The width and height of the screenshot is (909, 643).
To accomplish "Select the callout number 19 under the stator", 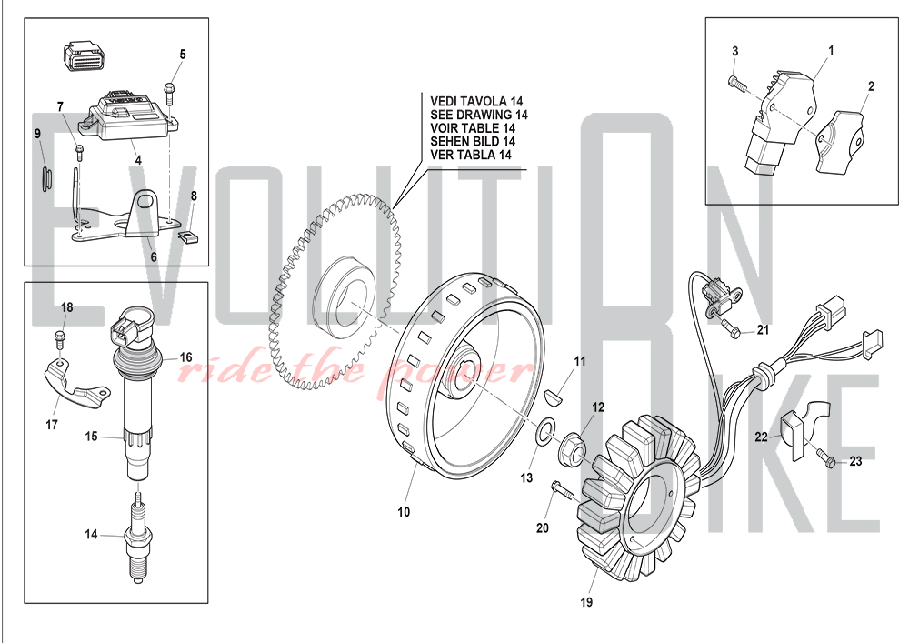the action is coord(586,602).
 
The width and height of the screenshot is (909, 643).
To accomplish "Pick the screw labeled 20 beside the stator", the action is coord(562,490).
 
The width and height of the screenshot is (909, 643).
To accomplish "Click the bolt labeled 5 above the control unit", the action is coord(169,94).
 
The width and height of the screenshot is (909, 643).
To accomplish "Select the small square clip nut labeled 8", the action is coord(186,236).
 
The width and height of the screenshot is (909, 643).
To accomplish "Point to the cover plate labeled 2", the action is coord(840,142).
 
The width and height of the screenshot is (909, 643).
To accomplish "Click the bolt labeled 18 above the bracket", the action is coord(58,336).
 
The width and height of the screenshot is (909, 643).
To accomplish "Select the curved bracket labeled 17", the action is coord(75,384).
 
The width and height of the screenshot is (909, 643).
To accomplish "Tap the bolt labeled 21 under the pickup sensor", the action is coord(731,327).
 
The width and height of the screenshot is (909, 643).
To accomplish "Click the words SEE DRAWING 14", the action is coord(479,115).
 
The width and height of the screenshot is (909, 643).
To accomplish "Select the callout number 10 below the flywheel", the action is coord(404,512).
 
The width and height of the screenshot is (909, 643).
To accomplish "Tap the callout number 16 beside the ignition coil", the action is coord(185,357).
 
